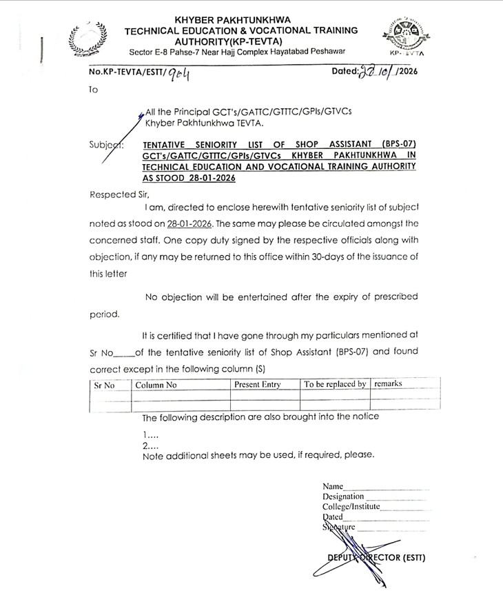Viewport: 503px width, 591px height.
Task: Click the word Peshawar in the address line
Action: click(x=322, y=52)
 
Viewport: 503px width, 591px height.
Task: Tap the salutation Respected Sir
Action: click(x=119, y=195)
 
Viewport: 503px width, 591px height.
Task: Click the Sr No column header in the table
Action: click(x=105, y=385)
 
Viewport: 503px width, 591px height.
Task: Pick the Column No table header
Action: click(x=156, y=385)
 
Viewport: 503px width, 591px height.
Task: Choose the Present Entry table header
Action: click(x=258, y=385)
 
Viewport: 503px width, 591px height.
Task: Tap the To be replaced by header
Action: click(x=335, y=384)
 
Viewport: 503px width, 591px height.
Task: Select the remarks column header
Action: click(x=388, y=383)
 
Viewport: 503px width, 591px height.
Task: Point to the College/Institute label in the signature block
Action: click(x=351, y=506)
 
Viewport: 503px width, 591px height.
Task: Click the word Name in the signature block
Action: click(x=333, y=486)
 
